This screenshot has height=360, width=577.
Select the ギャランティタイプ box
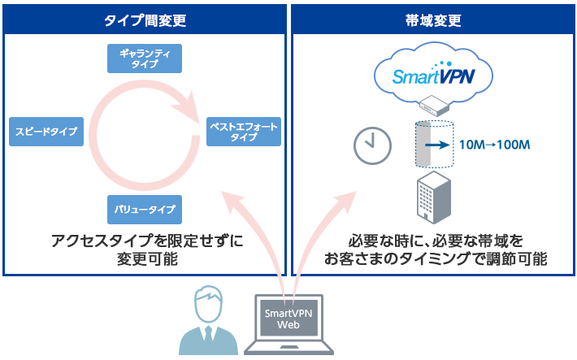[145, 59]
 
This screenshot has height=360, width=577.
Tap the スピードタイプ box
[47, 132]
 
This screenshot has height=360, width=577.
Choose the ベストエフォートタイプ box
[243, 132]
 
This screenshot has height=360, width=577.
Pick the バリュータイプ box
[145, 209]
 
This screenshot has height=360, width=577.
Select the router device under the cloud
[433, 106]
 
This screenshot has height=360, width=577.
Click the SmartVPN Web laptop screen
[289, 318]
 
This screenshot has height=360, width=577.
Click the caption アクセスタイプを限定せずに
[146, 241]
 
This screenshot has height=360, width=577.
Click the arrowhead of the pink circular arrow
[193, 109]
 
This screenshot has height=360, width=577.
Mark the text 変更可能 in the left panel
[146, 260]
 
